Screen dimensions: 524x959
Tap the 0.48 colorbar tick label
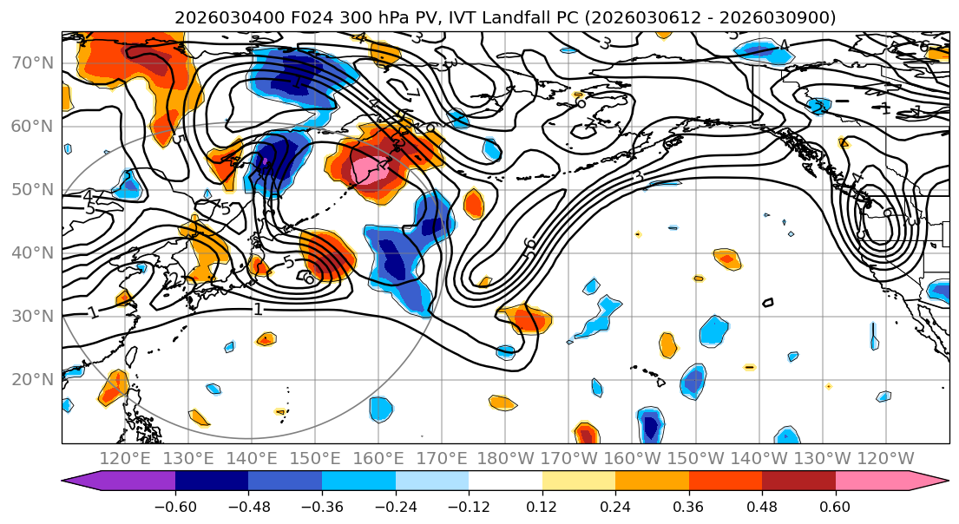[x=762, y=504]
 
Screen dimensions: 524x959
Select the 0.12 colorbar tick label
[x=542, y=504]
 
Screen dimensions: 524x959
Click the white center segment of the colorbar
[x=505, y=481]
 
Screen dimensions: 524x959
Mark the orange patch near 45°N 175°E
[x=473, y=204]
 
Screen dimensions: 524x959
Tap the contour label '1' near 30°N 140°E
[x=258, y=309]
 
